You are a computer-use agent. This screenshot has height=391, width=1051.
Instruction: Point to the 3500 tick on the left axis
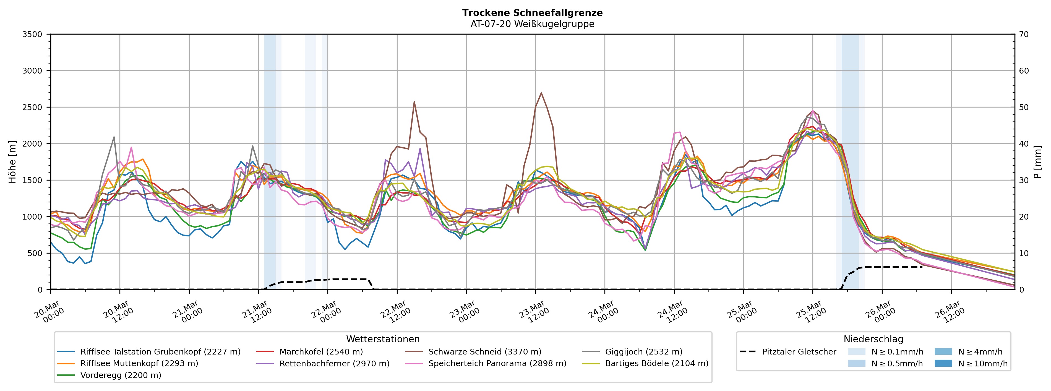(32, 34)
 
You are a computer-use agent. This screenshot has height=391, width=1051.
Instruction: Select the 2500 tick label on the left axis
(32, 107)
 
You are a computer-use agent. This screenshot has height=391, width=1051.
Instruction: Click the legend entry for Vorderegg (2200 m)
(120, 375)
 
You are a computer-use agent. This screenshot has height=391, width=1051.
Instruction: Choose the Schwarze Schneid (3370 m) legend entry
(485, 352)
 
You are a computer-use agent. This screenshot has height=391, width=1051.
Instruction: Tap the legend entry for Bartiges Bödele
(656, 363)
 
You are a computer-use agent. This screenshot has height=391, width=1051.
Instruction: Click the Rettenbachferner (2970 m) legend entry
(334, 363)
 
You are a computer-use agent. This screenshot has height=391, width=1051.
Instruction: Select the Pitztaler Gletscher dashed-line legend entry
(799, 352)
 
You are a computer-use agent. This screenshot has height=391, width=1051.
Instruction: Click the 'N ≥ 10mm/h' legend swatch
(943, 363)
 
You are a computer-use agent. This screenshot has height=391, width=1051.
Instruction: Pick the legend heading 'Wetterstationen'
(383, 339)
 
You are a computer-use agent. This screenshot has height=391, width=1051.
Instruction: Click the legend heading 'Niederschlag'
(873, 339)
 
